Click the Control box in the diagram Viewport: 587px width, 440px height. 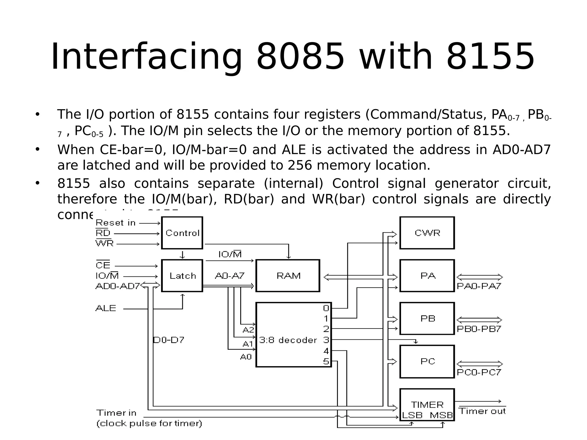[x=182, y=233]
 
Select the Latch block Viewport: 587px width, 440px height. [x=182, y=276]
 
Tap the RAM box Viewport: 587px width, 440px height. [x=288, y=276]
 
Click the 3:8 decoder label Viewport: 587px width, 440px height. [x=288, y=340]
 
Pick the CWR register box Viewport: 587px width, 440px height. [x=427, y=233]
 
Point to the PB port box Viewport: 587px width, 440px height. [x=427, y=318]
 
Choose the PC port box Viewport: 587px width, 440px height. [x=427, y=361]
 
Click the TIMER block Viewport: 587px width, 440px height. [x=427, y=405]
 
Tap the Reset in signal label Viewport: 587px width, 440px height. [x=116, y=223]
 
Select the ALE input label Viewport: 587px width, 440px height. [x=106, y=309]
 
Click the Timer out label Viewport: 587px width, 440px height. [x=483, y=411]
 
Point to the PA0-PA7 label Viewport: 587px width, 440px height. [x=479, y=286]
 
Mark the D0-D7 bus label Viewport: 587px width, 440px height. [x=169, y=340]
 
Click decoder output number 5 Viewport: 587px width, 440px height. [x=326, y=362]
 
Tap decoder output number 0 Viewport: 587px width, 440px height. [x=326, y=308]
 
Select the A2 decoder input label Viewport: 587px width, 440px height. [x=248, y=330]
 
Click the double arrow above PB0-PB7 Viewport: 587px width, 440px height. [x=479, y=320]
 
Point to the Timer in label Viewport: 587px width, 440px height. [x=116, y=413]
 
